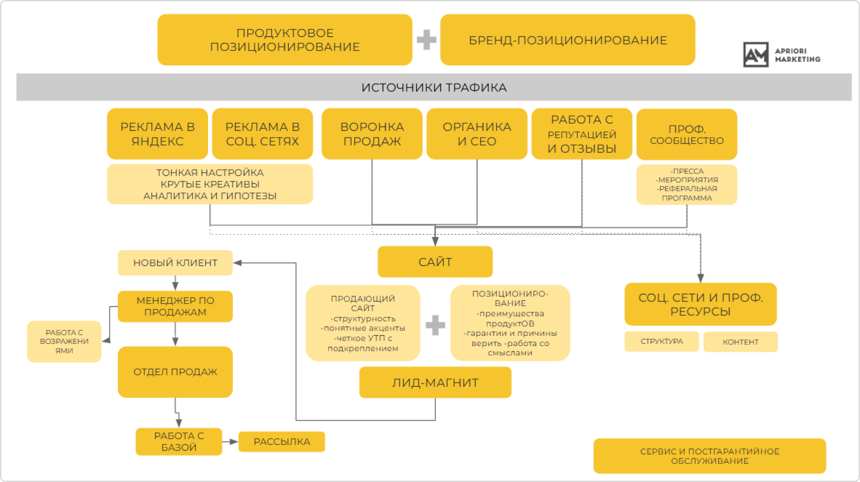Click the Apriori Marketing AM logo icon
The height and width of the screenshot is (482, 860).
[756, 55]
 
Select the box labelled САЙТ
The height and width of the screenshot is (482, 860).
[435, 262]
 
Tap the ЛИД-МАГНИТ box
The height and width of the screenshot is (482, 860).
[435, 382]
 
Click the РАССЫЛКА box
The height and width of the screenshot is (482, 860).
[282, 441]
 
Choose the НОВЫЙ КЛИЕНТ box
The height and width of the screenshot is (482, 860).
[175, 263]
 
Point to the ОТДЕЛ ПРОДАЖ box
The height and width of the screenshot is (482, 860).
[175, 372]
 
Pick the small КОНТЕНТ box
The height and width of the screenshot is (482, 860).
[740, 342]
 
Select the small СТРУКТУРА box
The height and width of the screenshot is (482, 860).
[662, 341]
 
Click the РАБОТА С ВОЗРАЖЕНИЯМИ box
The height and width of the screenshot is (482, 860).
[64, 341]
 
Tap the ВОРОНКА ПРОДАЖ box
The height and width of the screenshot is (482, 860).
[372, 134]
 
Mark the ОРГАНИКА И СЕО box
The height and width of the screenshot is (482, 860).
[477, 134]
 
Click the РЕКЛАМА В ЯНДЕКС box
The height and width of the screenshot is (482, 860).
[157, 134]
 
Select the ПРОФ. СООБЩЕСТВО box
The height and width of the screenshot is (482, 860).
[687, 134]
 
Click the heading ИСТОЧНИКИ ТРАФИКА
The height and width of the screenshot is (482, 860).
[434, 87]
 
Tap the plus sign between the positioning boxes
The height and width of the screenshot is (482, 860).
[426, 40]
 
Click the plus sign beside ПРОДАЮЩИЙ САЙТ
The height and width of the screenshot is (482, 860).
[435, 325]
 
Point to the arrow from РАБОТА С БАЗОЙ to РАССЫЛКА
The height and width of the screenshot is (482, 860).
[230, 441]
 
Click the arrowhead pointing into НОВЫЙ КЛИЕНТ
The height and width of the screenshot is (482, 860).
[238, 263]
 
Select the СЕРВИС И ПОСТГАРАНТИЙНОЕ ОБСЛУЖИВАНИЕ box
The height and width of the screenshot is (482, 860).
[709, 456]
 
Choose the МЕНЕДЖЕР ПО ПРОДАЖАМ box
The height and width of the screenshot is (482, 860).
[175, 306]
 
